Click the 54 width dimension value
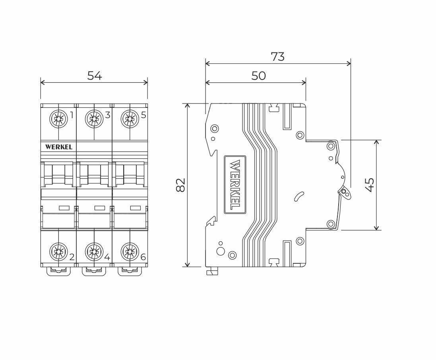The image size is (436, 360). [95, 76]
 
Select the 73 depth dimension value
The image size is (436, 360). [278, 57]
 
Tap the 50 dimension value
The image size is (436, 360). [259, 76]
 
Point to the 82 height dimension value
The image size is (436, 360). [181, 185]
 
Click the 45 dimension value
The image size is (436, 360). [370, 185]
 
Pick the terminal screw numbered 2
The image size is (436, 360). [58, 251]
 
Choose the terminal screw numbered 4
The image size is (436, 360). [94, 251]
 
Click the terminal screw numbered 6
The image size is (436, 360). [130, 251]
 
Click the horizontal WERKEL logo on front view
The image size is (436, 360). [59, 147]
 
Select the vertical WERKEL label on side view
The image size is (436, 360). [235, 185]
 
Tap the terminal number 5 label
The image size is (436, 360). [143, 115]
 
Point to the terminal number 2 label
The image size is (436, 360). [72, 257]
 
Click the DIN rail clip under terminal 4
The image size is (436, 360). [94, 271]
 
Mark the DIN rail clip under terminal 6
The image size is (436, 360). [130, 271]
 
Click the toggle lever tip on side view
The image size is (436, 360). [345, 192]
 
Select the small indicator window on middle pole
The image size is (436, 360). [99, 208]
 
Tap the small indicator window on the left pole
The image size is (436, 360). [64, 208]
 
